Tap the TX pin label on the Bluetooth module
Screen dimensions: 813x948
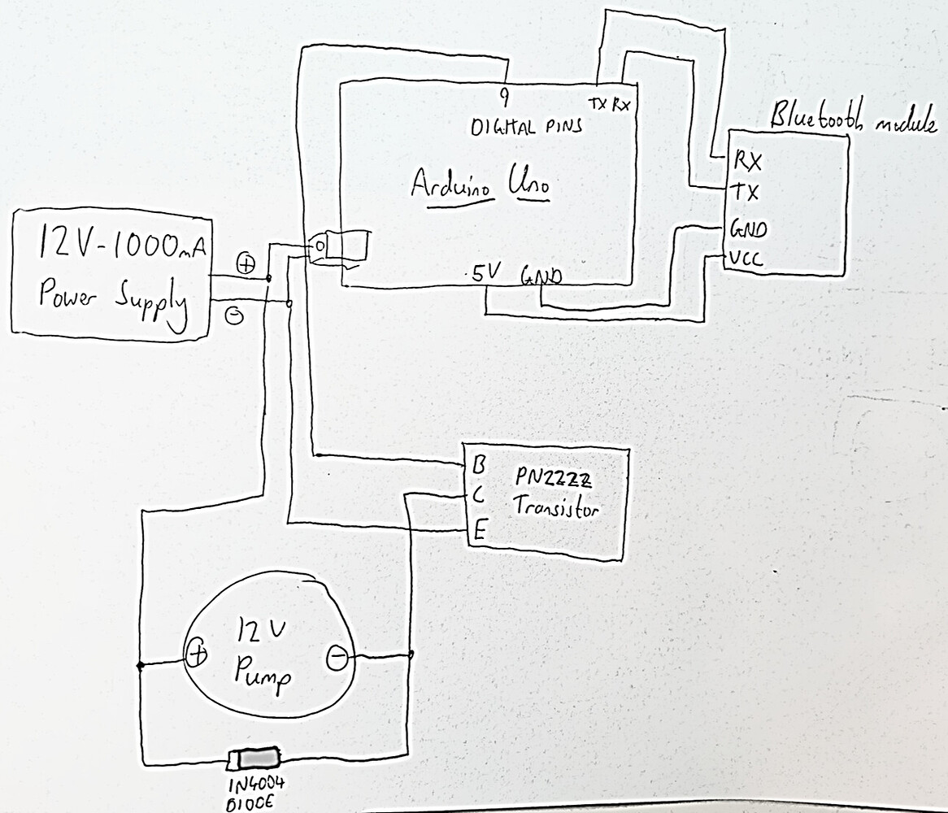point(746,193)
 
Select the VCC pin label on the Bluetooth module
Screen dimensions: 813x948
point(745,260)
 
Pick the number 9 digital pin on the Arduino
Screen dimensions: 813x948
point(504,98)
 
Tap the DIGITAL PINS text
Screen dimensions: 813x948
point(526,128)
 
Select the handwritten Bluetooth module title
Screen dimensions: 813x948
point(852,120)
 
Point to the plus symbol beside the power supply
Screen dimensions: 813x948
point(246,264)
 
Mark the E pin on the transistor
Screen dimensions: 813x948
point(480,533)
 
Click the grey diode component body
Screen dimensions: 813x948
point(258,759)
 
